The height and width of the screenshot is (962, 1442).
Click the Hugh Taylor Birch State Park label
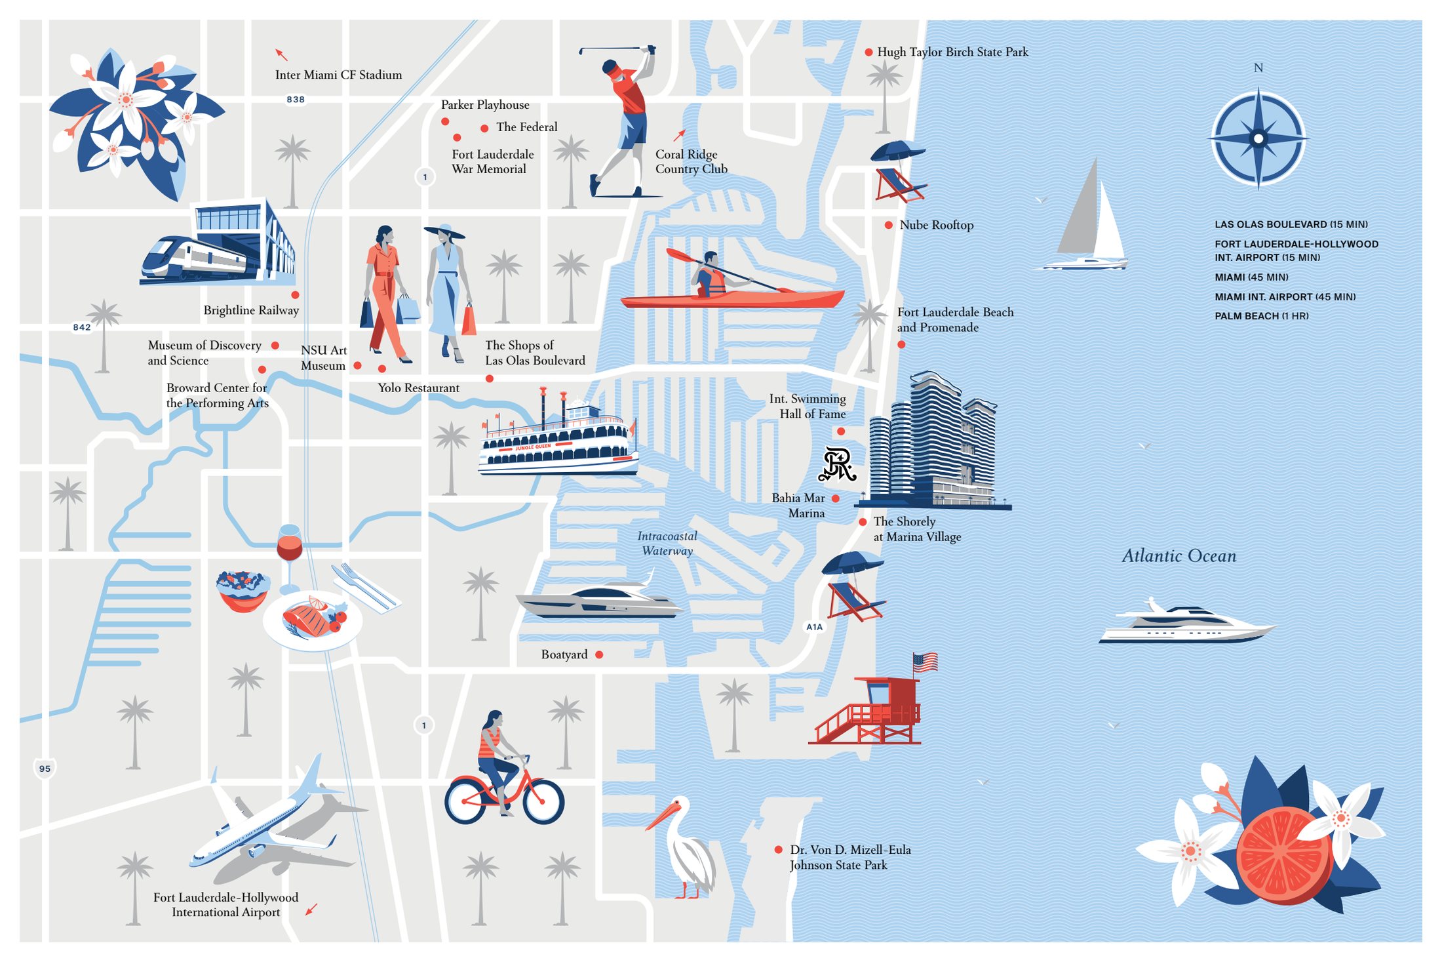[952, 52]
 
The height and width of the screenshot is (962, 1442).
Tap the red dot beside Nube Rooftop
[888, 225]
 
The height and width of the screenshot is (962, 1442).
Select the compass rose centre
[1258, 138]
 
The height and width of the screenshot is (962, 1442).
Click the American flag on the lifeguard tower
[925, 662]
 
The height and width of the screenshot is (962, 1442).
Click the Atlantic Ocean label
[1179, 556]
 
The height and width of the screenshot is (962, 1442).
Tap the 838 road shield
[296, 100]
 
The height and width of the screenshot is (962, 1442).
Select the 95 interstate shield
[45, 769]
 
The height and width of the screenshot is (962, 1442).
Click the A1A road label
[814, 627]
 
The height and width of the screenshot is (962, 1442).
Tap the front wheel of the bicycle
[543, 801]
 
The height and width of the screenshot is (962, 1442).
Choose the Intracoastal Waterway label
[667, 544]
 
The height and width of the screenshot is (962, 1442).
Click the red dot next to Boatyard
[599, 654]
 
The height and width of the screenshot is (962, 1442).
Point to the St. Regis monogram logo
[838, 464]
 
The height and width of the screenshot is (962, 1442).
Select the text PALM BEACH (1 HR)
[1261, 316]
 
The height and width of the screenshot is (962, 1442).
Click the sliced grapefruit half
[1281, 856]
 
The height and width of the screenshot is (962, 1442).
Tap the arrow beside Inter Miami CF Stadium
[281, 54]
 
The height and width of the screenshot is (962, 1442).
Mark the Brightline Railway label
[251, 310]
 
